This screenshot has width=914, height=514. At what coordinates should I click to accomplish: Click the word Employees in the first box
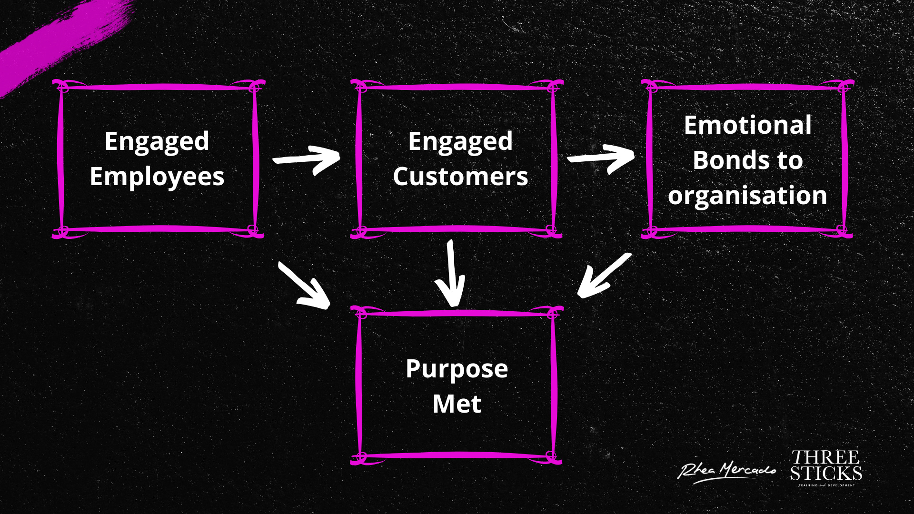[x=157, y=177]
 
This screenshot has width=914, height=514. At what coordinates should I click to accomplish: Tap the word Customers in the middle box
[x=460, y=177]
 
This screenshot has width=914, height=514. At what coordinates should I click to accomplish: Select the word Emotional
[x=747, y=126]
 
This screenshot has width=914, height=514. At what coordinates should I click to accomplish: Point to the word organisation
[x=747, y=196]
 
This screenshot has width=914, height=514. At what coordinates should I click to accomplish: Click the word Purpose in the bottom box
[x=457, y=369]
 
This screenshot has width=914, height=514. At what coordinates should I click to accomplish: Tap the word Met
[x=457, y=405]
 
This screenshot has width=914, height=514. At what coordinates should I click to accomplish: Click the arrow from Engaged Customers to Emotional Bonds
[x=601, y=158]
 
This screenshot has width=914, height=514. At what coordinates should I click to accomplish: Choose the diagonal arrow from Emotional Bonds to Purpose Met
[x=604, y=276]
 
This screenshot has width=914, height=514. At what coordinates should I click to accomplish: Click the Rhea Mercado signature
[x=726, y=471]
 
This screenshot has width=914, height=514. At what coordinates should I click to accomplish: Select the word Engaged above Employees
[x=157, y=141]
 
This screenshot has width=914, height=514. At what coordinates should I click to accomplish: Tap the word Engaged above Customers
[x=460, y=141]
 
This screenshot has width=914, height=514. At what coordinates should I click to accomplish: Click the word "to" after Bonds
[x=790, y=160]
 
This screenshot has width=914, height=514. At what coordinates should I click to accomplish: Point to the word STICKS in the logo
[x=826, y=474]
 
